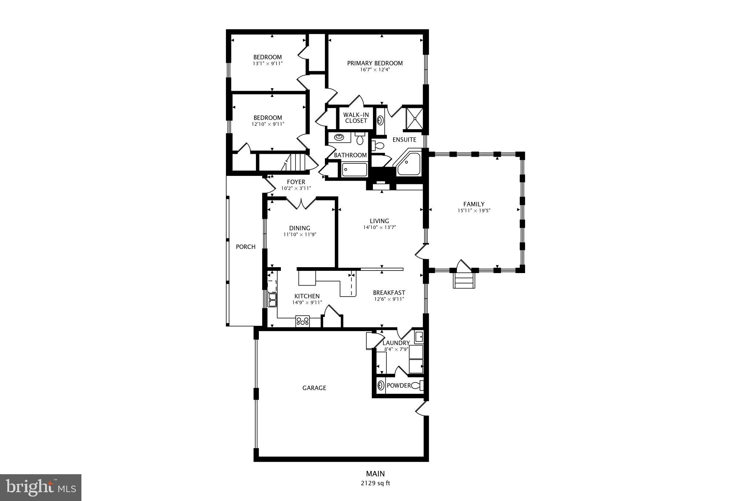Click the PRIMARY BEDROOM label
pyautogui.click(x=375, y=63)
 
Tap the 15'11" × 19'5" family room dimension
pyautogui.click(x=474, y=211)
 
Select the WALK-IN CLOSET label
pyautogui.click(x=356, y=118)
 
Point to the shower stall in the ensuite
pyautogui.click(x=414, y=118)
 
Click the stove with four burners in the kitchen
pyautogui.click(x=303, y=322)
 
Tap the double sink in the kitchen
pyautogui.click(x=272, y=300)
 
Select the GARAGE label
pyautogui.click(x=314, y=388)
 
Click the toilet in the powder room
pyautogui.click(x=417, y=385)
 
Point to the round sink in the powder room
pyautogui.click(x=381, y=385)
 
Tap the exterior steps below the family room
pyautogui.click(x=464, y=281)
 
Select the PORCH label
pyautogui.click(x=245, y=247)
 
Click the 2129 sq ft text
pyautogui.click(x=375, y=483)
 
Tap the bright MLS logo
pyautogui.click(x=40, y=487)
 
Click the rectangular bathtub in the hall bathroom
pyautogui.click(x=354, y=170)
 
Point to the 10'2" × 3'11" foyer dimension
pyautogui.click(x=296, y=188)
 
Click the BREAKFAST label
pyautogui.click(x=389, y=293)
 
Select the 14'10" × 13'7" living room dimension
pyautogui.click(x=379, y=227)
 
